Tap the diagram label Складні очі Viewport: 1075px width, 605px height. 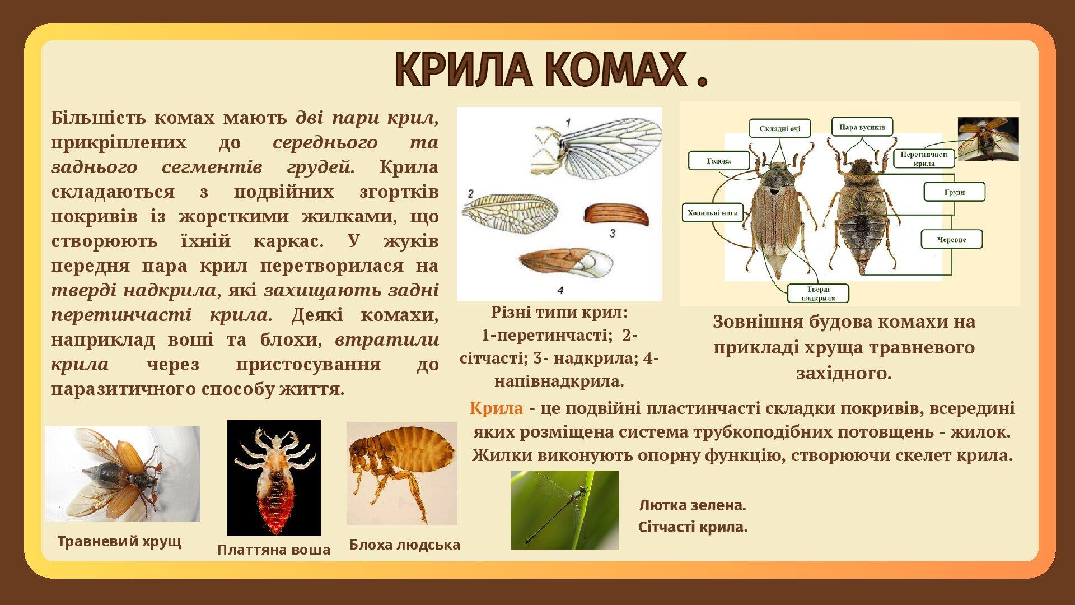(779, 128)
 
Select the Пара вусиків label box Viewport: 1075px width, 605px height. (862, 127)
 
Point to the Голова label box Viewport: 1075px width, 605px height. (718, 161)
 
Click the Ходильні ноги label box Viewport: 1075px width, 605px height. (713, 213)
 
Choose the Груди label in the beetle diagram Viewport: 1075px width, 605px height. (954, 192)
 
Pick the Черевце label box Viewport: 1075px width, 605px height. (951, 240)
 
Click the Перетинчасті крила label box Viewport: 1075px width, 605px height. (924, 159)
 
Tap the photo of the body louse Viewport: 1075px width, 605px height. (274, 478)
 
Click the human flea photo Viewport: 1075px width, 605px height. (402, 473)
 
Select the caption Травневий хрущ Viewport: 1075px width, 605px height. (119, 541)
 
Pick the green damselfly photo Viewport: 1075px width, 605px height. (564, 509)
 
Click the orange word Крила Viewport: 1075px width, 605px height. (496, 408)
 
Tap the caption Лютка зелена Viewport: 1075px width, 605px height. (692, 505)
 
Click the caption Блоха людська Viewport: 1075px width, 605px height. (404, 544)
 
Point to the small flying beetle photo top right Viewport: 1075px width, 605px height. (988, 138)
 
